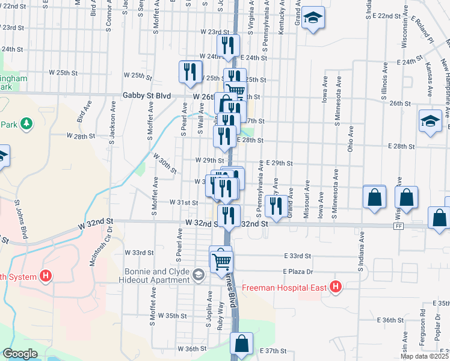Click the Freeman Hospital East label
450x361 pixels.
coord(285,288)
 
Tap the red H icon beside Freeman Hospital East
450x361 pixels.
coord(336,288)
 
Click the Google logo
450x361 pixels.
coord(20,354)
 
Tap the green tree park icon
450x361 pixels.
coord(26,124)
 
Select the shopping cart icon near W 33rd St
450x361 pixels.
coord(221,259)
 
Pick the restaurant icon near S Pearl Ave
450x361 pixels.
coord(191,72)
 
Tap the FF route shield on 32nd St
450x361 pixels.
coord(399,226)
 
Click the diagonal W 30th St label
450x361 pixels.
coord(165,162)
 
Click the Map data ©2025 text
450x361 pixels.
coord(425,356)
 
